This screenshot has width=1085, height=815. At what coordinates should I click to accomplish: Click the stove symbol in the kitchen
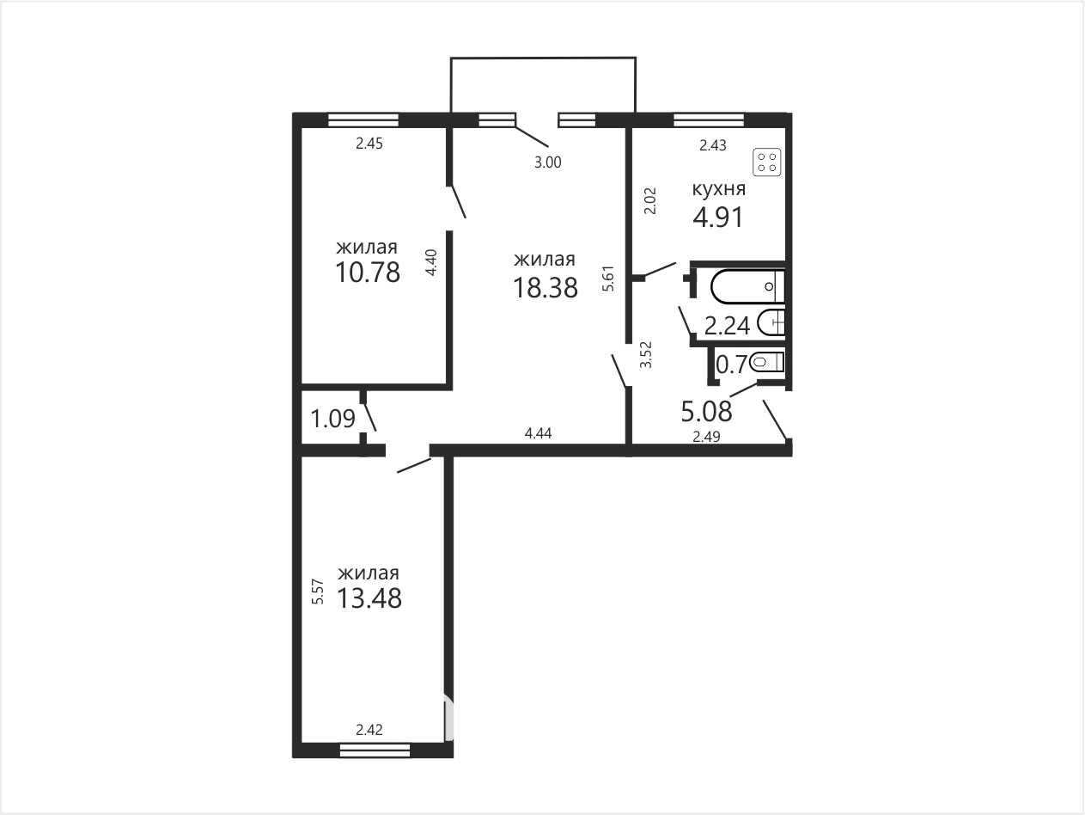[x=766, y=162]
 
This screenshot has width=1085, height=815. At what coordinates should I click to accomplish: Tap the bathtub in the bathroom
[x=747, y=286]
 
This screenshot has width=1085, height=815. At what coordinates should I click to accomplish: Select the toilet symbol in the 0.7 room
[x=766, y=363]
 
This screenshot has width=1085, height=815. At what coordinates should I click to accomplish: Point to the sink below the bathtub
[x=771, y=322]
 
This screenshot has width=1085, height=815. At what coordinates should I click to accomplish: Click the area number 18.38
[x=546, y=288]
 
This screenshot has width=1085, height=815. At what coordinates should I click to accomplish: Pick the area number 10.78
[x=368, y=273]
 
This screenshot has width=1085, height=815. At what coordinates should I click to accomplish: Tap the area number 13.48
[x=369, y=597]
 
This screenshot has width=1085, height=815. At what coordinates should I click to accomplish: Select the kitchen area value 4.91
[x=717, y=218]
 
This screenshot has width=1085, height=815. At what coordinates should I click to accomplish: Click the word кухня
[x=719, y=189]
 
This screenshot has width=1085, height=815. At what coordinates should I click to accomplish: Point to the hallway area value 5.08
[x=706, y=412]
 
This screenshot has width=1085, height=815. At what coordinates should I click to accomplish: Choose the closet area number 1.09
[x=332, y=419]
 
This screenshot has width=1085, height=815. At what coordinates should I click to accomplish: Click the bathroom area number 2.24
[x=727, y=327]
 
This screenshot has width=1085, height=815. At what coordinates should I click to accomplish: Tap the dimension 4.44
[x=538, y=433]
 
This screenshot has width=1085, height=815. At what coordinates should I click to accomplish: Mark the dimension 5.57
[x=318, y=591]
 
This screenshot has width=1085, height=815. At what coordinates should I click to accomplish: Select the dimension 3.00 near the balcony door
[x=548, y=162]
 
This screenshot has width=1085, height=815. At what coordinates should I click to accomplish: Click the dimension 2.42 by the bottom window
[x=369, y=730]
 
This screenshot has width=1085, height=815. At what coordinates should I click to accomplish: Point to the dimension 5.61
[x=608, y=279]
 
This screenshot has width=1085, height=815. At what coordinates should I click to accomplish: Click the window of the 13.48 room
[x=375, y=751]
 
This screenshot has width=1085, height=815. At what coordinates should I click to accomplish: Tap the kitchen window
[x=709, y=120]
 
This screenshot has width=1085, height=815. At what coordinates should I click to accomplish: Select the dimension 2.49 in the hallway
[x=706, y=437]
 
